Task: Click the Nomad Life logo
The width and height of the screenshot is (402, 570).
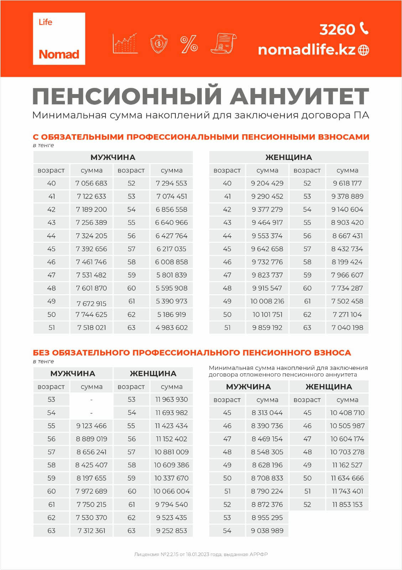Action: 59,38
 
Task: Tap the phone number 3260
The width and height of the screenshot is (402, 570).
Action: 337,30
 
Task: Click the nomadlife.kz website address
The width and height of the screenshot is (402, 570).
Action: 306,50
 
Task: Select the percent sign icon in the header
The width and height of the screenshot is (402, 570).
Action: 189,44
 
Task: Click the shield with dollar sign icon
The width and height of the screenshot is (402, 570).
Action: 159,44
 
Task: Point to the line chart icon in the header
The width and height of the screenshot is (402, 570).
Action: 125,43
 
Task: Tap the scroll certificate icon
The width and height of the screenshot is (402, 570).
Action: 223,43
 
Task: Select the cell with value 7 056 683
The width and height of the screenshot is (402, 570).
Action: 91,183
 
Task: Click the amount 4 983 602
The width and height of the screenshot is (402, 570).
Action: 171,328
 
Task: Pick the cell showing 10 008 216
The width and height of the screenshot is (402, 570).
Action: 267,301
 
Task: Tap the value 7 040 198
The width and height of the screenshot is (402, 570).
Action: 347,328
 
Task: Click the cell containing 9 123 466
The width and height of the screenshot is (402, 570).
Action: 91,426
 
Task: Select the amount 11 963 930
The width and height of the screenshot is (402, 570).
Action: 171,400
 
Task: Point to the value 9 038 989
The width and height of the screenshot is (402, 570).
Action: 267,531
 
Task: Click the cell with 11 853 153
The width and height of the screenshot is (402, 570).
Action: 347,505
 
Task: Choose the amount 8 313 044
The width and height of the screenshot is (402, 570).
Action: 267,413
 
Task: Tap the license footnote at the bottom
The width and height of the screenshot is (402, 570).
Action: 201,554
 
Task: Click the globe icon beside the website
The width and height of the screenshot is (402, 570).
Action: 364,50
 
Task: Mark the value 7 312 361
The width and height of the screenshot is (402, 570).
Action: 91,531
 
